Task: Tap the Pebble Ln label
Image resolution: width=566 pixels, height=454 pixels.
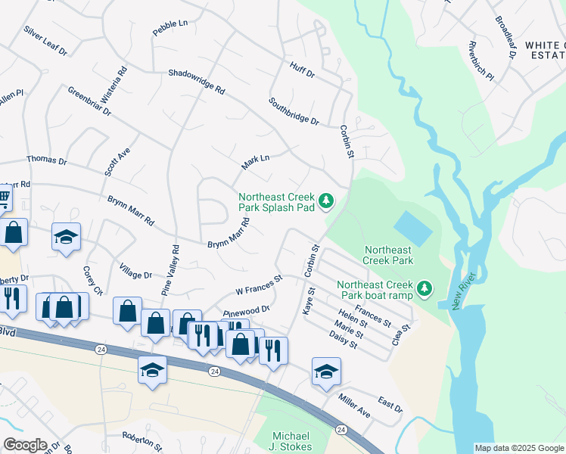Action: click(169, 28)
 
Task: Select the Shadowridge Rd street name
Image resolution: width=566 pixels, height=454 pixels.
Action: click(197, 81)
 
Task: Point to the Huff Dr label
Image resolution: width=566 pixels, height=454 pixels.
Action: click(301, 70)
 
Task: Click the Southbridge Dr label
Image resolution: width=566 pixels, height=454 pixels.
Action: click(294, 110)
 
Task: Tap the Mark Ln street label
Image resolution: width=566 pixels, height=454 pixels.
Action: click(255, 160)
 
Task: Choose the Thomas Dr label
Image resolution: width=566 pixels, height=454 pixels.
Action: click(47, 160)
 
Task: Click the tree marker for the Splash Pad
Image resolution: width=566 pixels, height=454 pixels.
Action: click(326, 201)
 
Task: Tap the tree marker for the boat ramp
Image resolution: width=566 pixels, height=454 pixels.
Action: click(425, 288)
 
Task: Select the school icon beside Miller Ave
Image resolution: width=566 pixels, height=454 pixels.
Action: click(326, 371)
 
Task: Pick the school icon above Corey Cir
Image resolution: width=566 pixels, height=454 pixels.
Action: click(66, 236)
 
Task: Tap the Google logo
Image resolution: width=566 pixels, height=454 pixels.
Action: click(25, 445)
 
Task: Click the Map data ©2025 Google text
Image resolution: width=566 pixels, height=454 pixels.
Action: click(518, 448)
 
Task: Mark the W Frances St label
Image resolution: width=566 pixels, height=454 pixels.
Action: click(259, 285)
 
